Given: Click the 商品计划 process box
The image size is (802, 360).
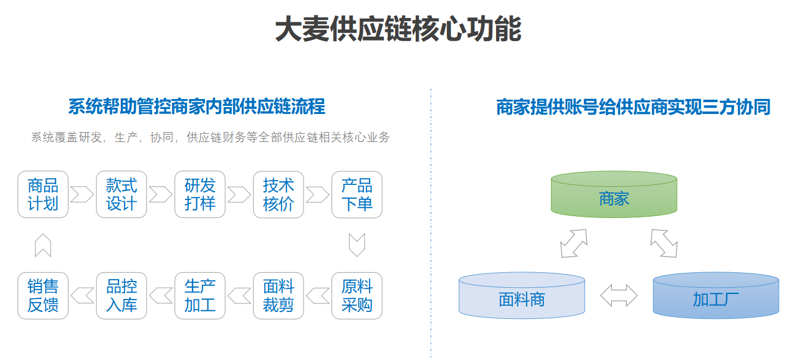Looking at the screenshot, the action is pos(43,194).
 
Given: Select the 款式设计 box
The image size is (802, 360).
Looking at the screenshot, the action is pos(122,194).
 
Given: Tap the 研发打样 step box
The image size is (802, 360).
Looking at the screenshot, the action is pos(200,194).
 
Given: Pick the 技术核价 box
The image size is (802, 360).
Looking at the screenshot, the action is pos(278,194).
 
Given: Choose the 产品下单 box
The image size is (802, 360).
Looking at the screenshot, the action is pos(357,194).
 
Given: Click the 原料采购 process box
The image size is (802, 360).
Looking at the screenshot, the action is pos(357,296).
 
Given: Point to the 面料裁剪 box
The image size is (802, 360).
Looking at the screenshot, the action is pos(278,296).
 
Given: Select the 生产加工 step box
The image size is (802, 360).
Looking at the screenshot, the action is pos(200,296).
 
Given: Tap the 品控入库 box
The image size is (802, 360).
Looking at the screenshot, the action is pos(122,296).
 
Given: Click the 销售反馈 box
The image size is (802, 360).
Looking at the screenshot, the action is pos(43,296).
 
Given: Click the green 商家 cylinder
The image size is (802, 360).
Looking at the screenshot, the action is pos(614,194).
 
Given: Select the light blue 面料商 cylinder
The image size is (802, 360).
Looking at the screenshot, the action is pos(522,296).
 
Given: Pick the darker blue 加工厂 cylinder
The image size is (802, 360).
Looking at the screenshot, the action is pos(716,296).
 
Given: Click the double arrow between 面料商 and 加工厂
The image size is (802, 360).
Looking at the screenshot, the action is pos(619,296).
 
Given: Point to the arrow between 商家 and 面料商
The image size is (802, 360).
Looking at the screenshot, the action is pos(574,244).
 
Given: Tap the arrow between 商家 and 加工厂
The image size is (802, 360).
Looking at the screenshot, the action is pos(664,244).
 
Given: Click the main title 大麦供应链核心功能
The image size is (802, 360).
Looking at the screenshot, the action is pos(398,29).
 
